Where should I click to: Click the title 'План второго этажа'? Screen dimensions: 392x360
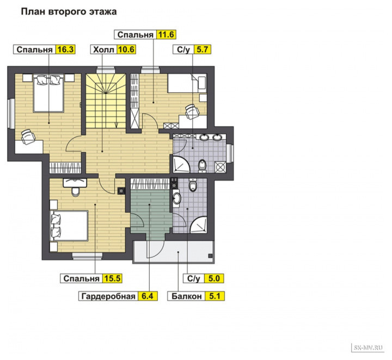click(69, 12)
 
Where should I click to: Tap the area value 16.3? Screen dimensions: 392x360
click(65, 49)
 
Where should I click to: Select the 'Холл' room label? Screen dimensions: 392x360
click(103, 49)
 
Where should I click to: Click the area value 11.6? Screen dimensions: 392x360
click(166, 34)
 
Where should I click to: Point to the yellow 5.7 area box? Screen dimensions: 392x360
click(202, 49)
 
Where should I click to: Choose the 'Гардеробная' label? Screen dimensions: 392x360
click(108, 296)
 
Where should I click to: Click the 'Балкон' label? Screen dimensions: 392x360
click(187, 296)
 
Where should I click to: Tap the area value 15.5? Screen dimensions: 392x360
click(113, 278)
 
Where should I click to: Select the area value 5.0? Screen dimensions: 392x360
click(214, 278)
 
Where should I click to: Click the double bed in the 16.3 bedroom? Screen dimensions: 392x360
click(48, 93)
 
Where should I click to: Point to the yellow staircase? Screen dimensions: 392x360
click(106, 101)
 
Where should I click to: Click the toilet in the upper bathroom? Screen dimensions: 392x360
click(202, 166)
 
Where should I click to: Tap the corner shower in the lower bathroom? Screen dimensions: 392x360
click(199, 225)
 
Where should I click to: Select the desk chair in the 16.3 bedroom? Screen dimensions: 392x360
click(28, 136)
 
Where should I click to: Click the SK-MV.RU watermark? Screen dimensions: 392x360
click(367, 347)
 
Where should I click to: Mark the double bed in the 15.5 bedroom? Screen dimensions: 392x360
click(69, 226)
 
